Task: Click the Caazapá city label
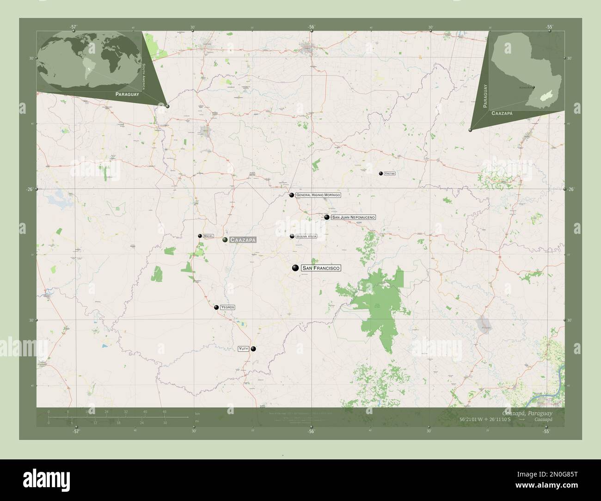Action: [x=242, y=240]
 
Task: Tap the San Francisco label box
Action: [x=320, y=268]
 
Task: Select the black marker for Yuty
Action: [x=253, y=349]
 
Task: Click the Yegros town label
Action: [x=227, y=307]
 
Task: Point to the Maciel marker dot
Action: [x=200, y=236]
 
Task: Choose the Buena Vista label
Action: [x=306, y=236]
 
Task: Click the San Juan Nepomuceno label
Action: [x=353, y=217]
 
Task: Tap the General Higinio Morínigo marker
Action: [x=292, y=195]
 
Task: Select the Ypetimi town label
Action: [x=390, y=173]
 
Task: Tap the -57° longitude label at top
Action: [x=73, y=27]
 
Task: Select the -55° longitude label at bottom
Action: [x=546, y=431]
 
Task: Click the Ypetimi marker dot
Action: [x=380, y=173]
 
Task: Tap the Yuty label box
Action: [x=244, y=349]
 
